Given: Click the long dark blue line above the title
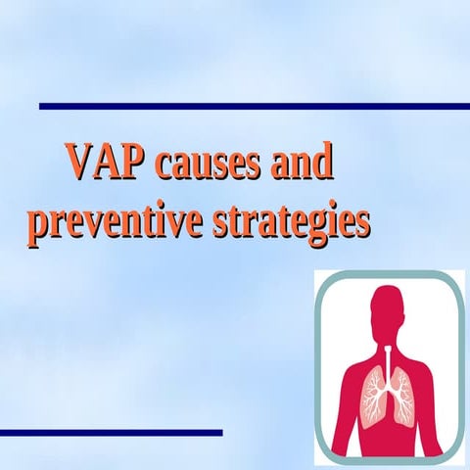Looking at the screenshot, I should (x=255, y=105).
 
